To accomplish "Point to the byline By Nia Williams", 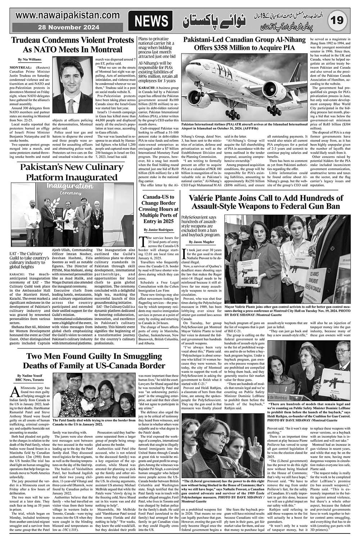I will pyautogui.click(x=30, y=59).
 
